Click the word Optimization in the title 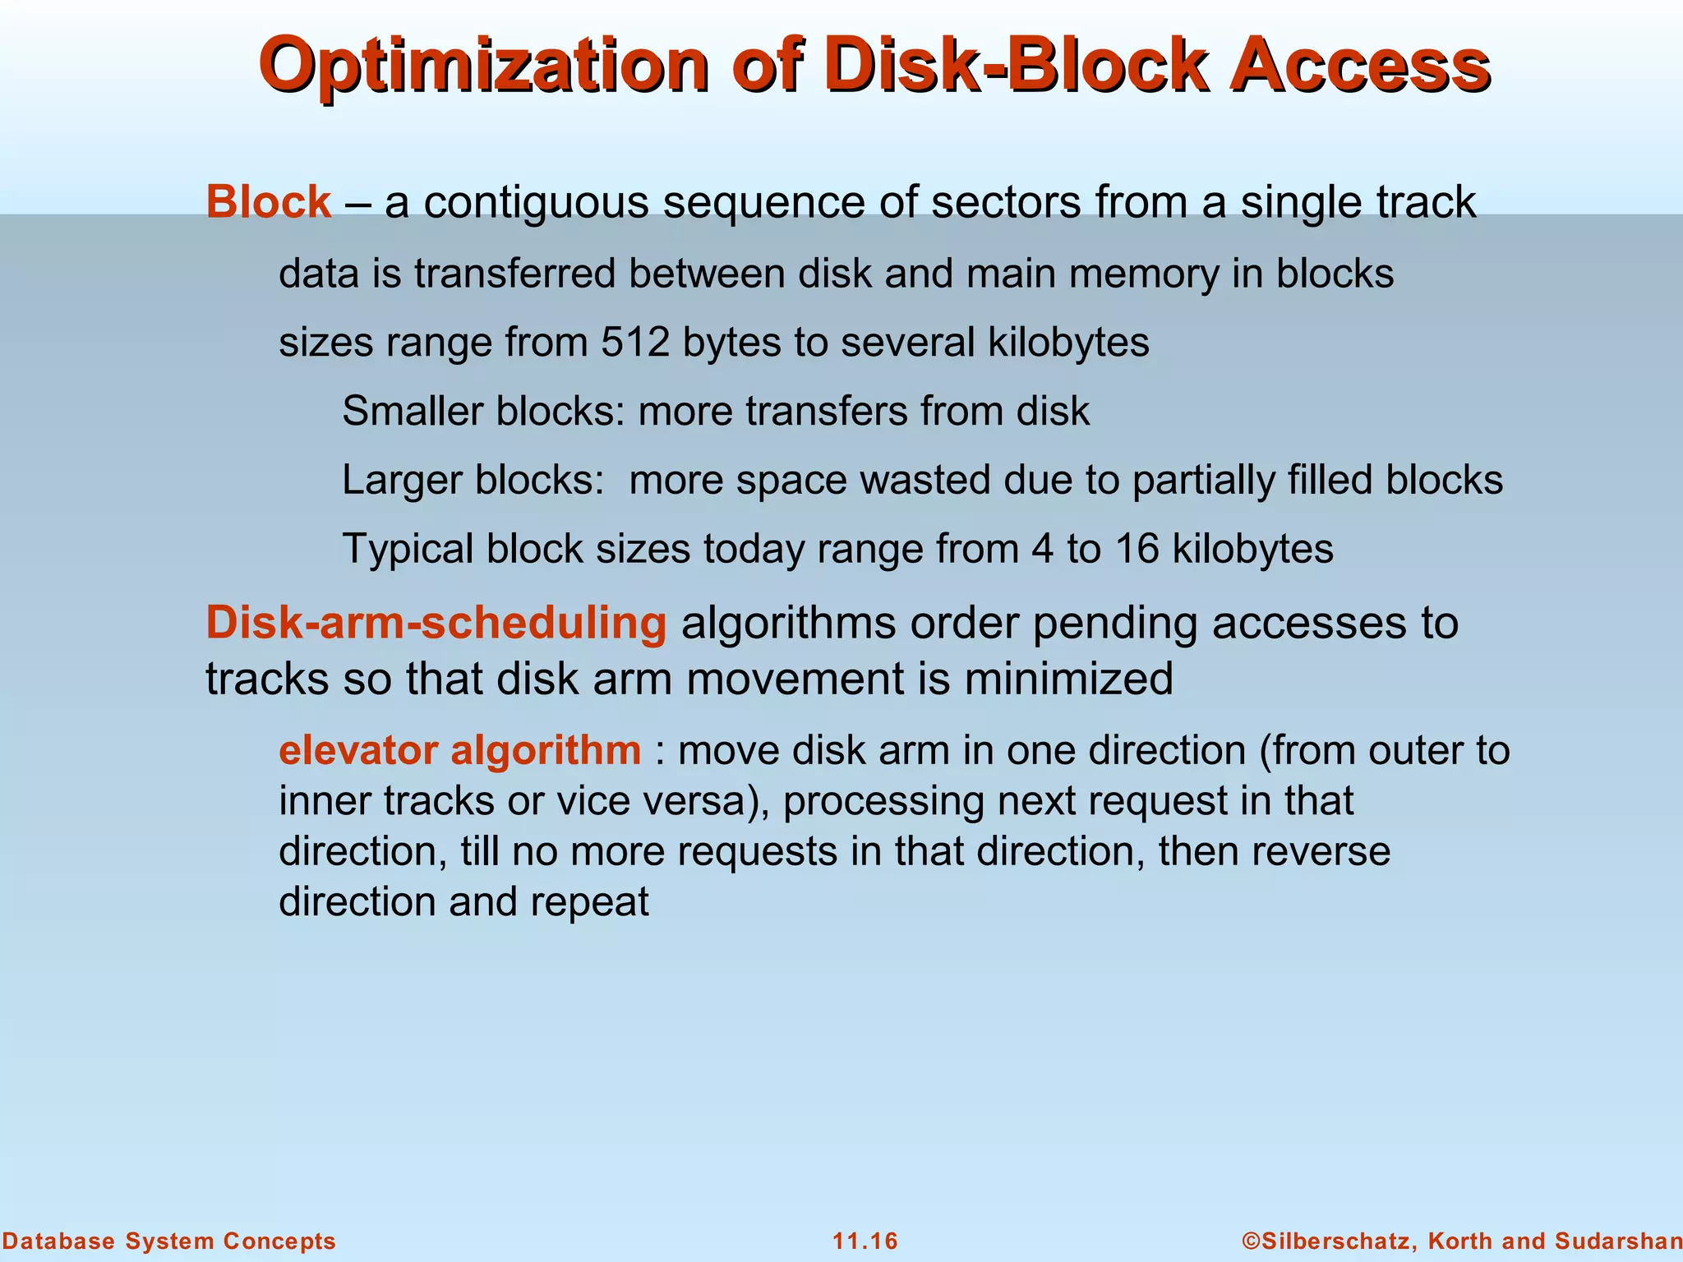click(x=482, y=66)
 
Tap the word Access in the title click(x=1358, y=66)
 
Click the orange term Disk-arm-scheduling click(x=436, y=623)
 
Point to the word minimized click(x=1068, y=679)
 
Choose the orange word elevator click(x=358, y=750)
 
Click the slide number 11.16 click(x=865, y=1241)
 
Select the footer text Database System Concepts click(x=168, y=1241)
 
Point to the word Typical click(x=408, y=549)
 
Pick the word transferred click(x=514, y=274)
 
